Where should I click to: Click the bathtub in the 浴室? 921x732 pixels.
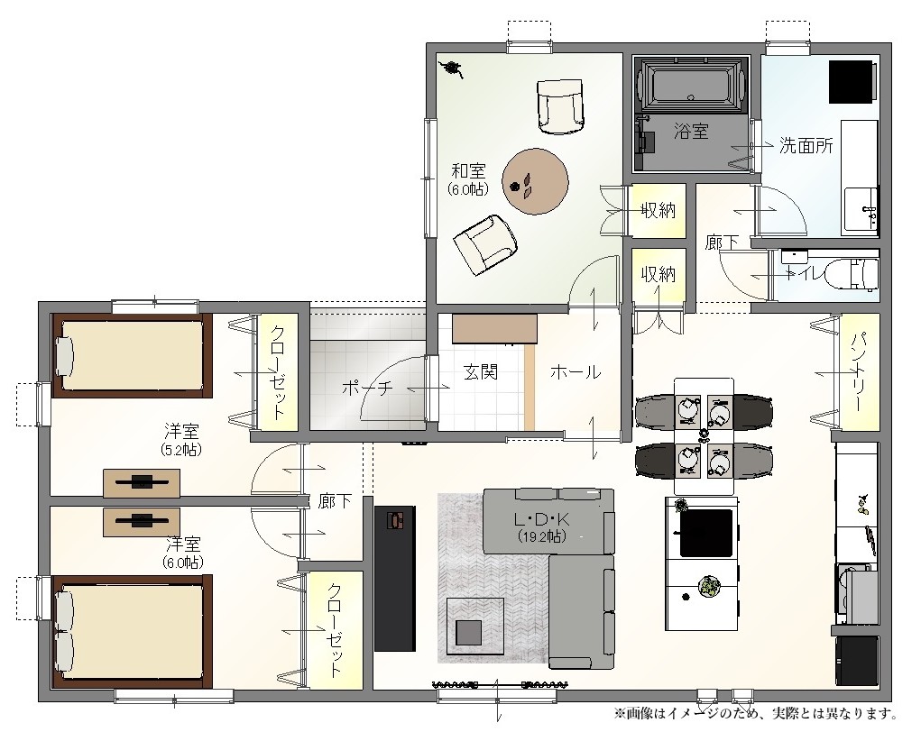point(691,84)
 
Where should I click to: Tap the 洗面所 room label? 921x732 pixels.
point(806,145)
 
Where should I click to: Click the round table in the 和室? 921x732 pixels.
point(535,181)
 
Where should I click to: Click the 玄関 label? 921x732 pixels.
point(481,371)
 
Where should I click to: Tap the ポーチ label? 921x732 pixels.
point(367,388)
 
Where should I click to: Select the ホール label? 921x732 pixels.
point(576,371)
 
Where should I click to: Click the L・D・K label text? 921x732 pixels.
point(541,519)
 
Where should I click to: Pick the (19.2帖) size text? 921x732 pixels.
point(541,536)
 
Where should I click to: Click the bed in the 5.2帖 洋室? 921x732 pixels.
point(132,356)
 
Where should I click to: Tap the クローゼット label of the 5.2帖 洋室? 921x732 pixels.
point(278,371)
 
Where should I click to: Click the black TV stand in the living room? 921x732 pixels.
point(395,578)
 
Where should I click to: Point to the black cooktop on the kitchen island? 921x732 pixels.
point(706,533)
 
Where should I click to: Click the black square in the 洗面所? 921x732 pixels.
point(851,82)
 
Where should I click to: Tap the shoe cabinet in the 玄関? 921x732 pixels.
point(494,329)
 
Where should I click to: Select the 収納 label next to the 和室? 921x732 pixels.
point(658,210)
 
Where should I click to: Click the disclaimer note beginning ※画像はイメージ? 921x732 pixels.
point(757,714)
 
